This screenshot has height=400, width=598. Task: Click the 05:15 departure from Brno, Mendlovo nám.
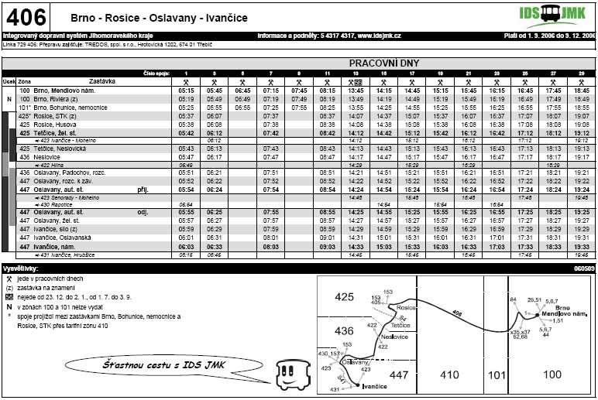(x=186, y=91)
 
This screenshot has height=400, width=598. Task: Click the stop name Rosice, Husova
(x=53, y=124)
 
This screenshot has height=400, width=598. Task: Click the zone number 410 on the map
(x=450, y=374)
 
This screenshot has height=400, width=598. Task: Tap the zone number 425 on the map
(x=344, y=296)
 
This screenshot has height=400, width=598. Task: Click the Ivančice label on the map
(x=374, y=385)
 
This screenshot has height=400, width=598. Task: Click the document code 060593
(x=583, y=268)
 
